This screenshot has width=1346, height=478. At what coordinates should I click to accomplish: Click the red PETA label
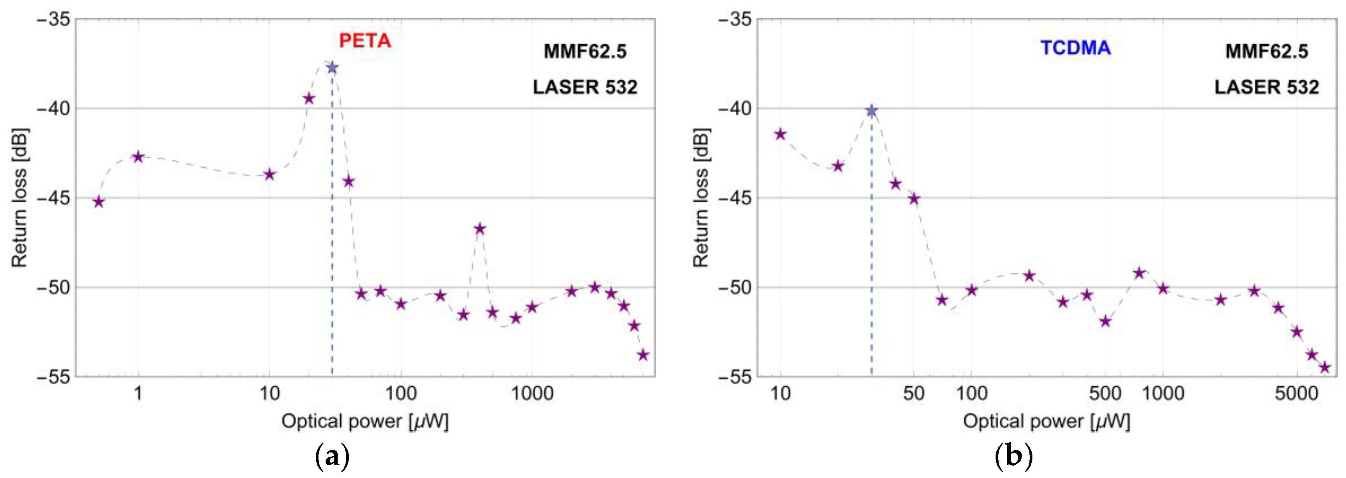[x=365, y=41]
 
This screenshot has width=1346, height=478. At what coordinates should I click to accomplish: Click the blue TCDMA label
[x=1075, y=48]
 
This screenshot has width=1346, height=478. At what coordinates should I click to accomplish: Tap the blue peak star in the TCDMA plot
[x=871, y=111]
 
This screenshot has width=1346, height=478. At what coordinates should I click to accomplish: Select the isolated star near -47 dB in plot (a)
[x=480, y=229]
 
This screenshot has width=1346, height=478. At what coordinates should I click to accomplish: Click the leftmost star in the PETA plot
[x=99, y=202]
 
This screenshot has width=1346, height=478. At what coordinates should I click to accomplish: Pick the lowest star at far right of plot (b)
[x=1325, y=367]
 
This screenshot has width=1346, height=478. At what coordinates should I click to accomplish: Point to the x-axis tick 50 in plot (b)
[x=913, y=393]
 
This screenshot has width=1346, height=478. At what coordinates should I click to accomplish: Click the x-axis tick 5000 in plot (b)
[x=1296, y=393]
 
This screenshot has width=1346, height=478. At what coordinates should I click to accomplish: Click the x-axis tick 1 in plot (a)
[x=138, y=393]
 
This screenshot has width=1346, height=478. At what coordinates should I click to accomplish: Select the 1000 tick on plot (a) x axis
[x=532, y=393]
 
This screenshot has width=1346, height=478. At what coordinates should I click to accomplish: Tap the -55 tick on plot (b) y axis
[x=735, y=377]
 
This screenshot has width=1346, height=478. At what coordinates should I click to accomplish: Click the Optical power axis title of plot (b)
[x=1046, y=421]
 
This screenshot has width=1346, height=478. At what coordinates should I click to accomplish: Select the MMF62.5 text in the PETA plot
[x=585, y=51]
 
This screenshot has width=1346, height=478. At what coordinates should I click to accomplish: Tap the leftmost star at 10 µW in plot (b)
[x=780, y=134]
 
